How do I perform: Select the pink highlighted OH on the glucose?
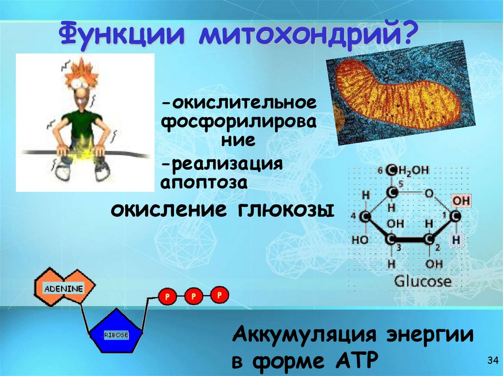pyautogui.click(x=460, y=201)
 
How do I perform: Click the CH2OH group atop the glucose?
pyautogui.click(x=408, y=171)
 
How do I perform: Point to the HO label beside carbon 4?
pyautogui.click(x=360, y=241)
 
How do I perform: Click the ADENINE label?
pyautogui.click(x=63, y=288)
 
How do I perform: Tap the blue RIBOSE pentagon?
pyautogui.click(x=116, y=334)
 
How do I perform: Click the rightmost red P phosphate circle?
pyautogui.click(x=219, y=295)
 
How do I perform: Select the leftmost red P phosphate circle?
pyautogui.click(x=167, y=296)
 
